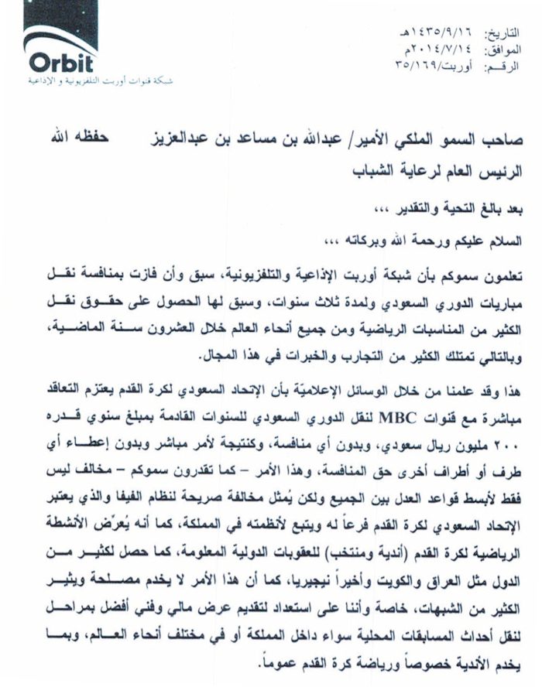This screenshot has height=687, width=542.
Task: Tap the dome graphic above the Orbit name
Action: tap(70, 29)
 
